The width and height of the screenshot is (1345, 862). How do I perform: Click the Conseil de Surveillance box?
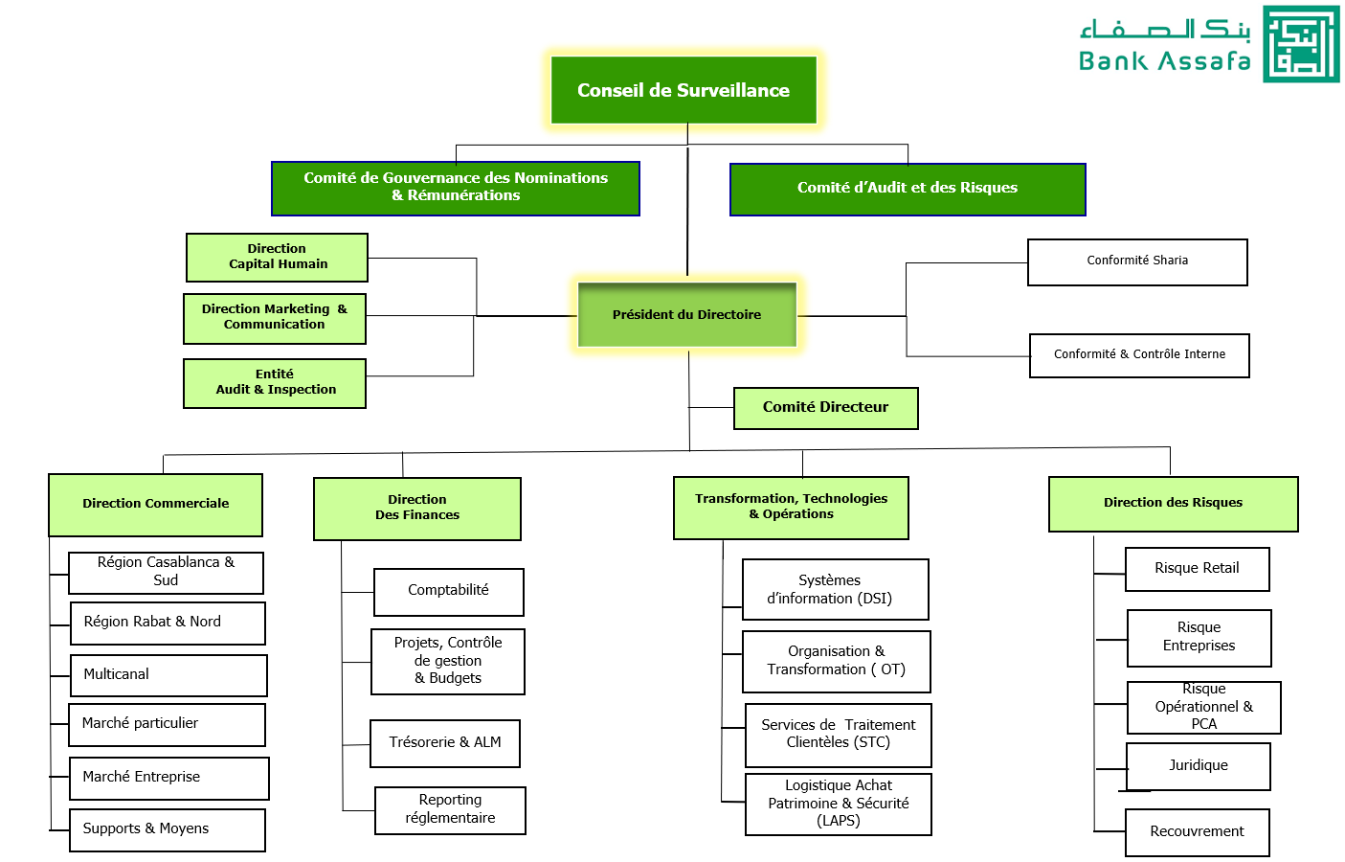click(x=684, y=90)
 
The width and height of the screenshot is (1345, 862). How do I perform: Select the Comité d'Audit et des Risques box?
click(x=908, y=189)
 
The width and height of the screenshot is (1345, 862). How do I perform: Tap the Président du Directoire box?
click(x=686, y=314)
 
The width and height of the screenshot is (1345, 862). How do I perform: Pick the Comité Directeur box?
click(x=825, y=408)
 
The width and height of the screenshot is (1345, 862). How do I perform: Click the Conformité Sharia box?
click(x=1137, y=261)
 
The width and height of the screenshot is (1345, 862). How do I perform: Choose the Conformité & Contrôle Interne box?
click(x=1139, y=355)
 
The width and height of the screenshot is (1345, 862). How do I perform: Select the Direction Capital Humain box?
click(x=278, y=258)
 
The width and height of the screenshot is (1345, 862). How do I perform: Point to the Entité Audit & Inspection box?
click(x=275, y=383)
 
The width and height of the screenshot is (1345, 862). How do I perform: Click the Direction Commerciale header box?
click(x=155, y=505)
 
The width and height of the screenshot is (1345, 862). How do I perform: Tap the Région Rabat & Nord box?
click(x=168, y=623)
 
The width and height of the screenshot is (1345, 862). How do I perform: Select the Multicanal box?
click(x=168, y=675)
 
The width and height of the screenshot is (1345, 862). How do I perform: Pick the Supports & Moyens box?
click(x=168, y=829)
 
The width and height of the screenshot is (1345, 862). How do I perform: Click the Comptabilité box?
click(x=448, y=592)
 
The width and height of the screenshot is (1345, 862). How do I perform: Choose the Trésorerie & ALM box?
click(x=445, y=743)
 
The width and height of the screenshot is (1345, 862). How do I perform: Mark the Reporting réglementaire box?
click(x=450, y=810)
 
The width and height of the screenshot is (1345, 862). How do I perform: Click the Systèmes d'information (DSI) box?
click(x=835, y=589)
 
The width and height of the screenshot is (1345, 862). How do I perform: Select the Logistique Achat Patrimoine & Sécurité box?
click(x=838, y=805)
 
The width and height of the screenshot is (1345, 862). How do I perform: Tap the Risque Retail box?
click(x=1197, y=569)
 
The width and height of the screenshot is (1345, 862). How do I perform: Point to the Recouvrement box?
click(x=1197, y=832)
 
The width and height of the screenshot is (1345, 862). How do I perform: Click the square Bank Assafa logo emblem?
click(x=1301, y=44)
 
